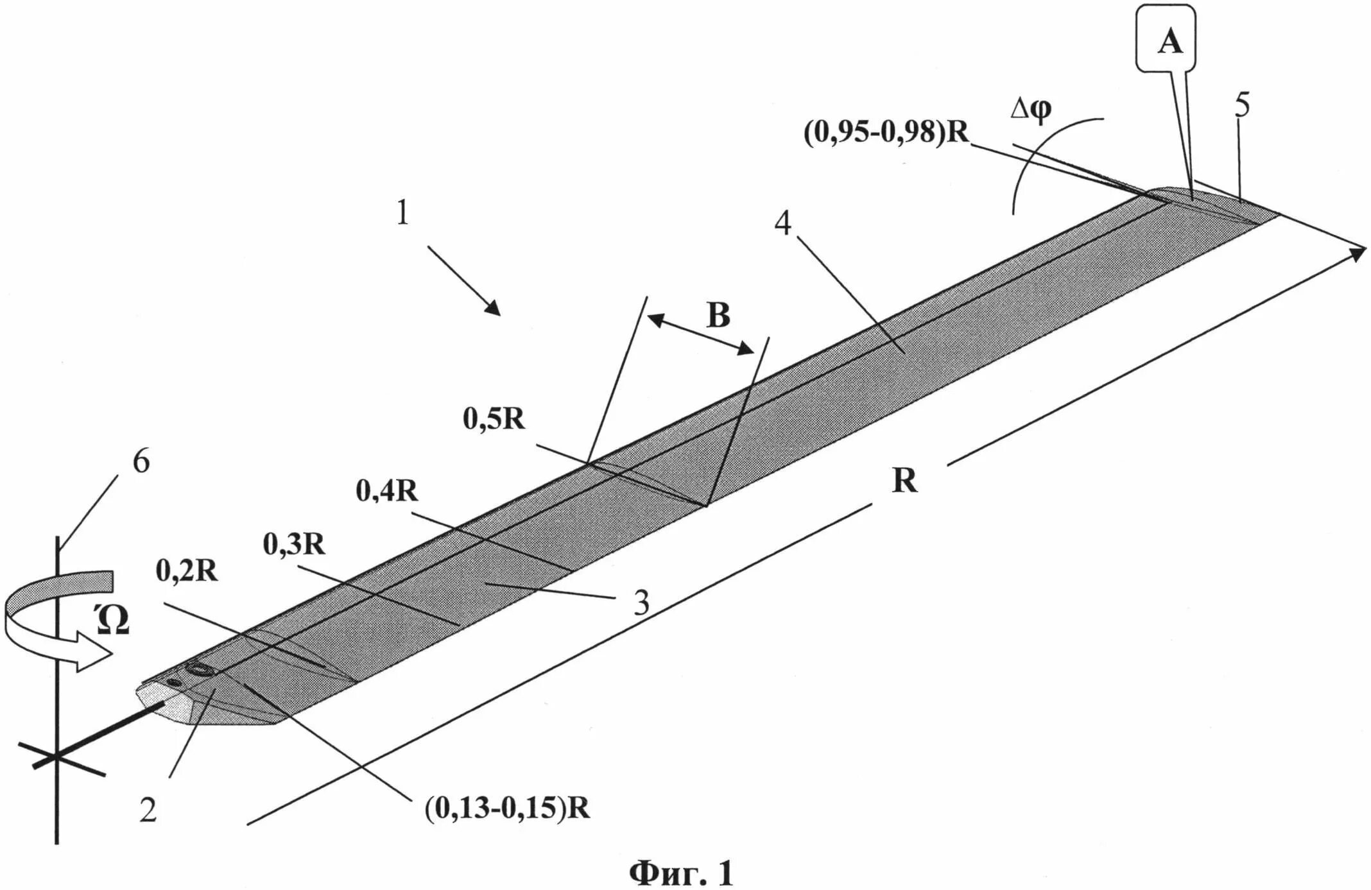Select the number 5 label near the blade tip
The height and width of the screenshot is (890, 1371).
(x=1242, y=105)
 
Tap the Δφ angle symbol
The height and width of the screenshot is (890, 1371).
(x=1031, y=110)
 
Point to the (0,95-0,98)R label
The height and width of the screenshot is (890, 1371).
(x=886, y=133)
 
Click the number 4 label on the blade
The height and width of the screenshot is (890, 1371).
(x=783, y=223)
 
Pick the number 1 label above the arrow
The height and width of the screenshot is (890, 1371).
(x=402, y=212)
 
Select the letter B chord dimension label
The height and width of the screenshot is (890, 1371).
(x=718, y=315)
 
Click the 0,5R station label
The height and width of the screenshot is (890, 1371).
(x=494, y=419)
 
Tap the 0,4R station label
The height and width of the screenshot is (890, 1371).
(x=386, y=491)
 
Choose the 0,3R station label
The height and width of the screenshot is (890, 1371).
(x=294, y=544)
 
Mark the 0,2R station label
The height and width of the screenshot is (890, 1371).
(x=187, y=570)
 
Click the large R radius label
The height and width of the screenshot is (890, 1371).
(x=905, y=480)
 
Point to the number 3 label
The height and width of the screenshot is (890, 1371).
(x=641, y=603)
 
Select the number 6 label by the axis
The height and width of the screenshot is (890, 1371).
(x=141, y=461)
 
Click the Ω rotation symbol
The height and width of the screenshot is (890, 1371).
(x=114, y=620)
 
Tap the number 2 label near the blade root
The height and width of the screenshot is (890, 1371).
(x=148, y=810)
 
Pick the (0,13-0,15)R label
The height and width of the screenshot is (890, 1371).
(x=507, y=808)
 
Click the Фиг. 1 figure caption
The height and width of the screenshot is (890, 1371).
(x=680, y=873)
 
